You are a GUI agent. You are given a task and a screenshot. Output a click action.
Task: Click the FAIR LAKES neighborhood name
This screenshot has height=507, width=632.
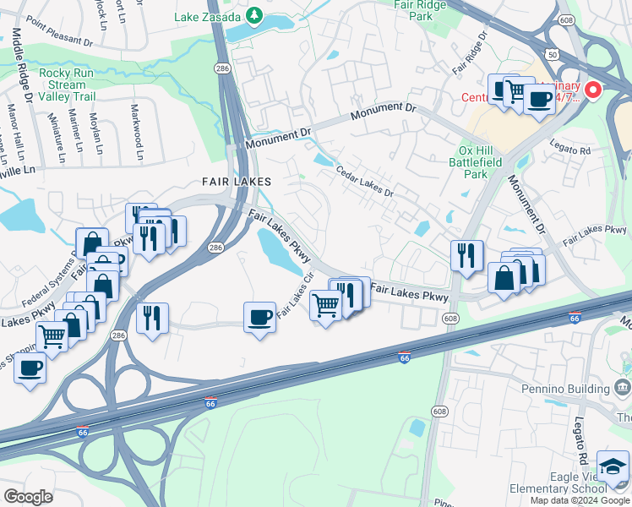click(236, 182)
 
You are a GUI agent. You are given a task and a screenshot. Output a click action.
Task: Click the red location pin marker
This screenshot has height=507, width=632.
click(593, 89)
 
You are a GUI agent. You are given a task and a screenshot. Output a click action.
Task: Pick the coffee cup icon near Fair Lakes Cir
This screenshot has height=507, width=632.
click(259, 318)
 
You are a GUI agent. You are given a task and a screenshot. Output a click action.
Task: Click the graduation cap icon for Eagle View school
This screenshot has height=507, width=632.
click(613, 466)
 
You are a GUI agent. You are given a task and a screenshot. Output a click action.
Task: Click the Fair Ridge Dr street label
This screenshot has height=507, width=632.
click(471, 52)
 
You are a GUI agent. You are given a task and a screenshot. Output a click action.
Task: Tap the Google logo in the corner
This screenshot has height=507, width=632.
click(28, 497)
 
